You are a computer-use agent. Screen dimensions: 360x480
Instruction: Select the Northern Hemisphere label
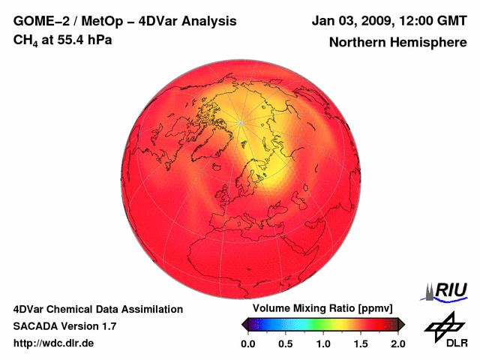pyautogui.click(x=397, y=43)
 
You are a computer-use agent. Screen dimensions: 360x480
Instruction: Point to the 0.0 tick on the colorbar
pyautogui.click(x=248, y=343)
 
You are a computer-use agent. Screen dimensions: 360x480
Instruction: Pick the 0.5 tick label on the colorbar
pyautogui.click(x=286, y=343)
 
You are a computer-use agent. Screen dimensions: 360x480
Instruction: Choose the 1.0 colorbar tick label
pyautogui.click(x=323, y=343)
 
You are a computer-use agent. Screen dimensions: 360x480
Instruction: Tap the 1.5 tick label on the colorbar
pyautogui.click(x=361, y=343)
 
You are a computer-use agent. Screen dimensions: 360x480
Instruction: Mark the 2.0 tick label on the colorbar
pyautogui.click(x=397, y=343)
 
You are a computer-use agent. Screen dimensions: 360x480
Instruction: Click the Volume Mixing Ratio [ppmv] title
pyautogui.click(x=322, y=309)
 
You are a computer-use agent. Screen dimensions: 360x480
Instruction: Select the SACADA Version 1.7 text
pyautogui.click(x=64, y=326)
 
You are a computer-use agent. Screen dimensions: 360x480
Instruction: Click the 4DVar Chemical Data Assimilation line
pyautogui.click(x=97, y=309)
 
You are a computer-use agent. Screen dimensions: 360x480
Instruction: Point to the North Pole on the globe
pyautogui.click(x=241, y=122)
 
